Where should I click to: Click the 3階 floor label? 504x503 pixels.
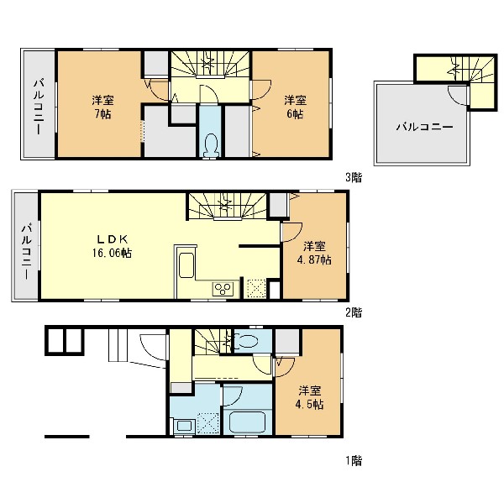pos(354,177)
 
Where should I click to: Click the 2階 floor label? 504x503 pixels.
pos(354,312)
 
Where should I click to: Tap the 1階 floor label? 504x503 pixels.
pos(354,461)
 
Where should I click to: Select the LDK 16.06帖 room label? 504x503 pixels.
pos(113,246)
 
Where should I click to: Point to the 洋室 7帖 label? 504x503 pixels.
pos(102,107)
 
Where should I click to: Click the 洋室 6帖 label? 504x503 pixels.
pos(295,107)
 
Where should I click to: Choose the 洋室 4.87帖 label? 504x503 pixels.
pos(314,253)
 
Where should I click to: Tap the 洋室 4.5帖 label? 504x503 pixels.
pos(310,397)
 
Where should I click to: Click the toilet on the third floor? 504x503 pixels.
pos(211,144)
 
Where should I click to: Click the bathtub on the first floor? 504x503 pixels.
pos(248,422)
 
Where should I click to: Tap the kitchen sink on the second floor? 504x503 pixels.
pos(186,265)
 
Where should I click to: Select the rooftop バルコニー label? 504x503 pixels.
pos(424,127)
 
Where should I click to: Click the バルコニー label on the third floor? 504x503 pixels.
pos(39,107)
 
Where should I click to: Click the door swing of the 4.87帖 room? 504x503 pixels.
pos(291,232)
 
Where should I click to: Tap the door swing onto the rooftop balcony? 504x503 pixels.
pos(458,96)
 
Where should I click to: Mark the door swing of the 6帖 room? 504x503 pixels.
pos(261,90)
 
